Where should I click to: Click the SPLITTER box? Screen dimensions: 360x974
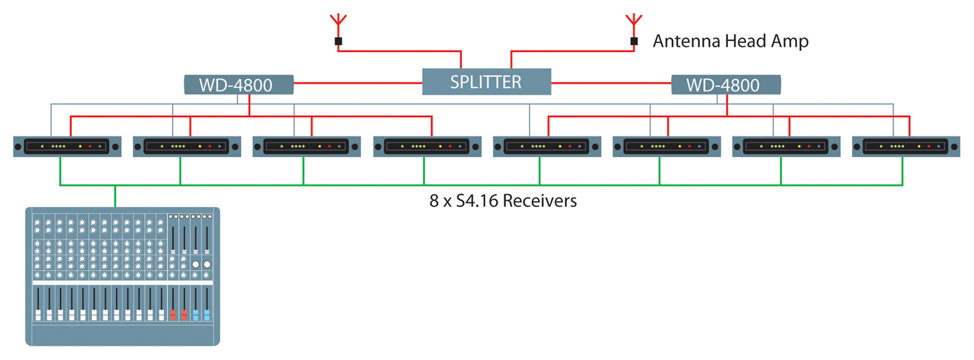tap(486, 82)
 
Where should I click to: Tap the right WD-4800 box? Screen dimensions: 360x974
tap(726, 85)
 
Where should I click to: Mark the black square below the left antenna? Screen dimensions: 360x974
tap(338, 42)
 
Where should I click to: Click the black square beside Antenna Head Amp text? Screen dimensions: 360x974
tap(634, 42)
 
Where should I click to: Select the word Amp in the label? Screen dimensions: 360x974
tap(790, 42)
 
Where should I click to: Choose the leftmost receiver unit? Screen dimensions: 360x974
tap(67, 147)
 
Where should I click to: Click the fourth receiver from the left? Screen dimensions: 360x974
tap(427, 147)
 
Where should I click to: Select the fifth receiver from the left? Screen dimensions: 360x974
tap(546, 147)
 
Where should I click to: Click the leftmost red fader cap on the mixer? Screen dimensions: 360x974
tap(173, 314)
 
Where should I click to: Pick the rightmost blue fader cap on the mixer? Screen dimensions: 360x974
tap(206, 314)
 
